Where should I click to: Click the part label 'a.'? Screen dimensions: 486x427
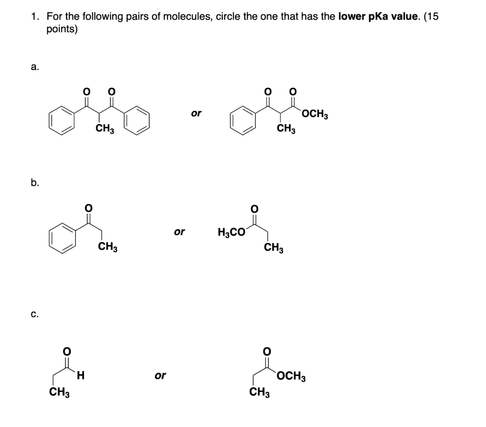[35, 67]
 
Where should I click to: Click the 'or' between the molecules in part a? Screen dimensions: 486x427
[196, 113]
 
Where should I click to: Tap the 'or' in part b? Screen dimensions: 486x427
[179, 232]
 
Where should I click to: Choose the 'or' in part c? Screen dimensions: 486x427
[160, 376]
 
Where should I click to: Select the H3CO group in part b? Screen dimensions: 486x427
[232, 232]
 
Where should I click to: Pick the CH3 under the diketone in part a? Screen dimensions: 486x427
[105, 129]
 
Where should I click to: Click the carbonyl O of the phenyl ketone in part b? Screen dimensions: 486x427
[88, 207]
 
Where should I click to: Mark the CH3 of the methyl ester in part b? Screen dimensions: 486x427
[274, 248]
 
